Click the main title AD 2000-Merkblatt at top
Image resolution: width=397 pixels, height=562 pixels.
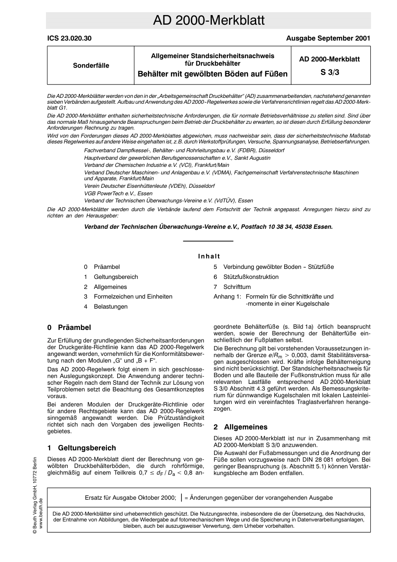208,20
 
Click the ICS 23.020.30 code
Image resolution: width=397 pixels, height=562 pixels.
69,38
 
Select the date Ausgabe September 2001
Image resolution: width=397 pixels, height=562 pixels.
328,38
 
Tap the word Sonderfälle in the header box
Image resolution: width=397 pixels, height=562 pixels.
91,66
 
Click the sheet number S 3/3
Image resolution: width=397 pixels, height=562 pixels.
330,72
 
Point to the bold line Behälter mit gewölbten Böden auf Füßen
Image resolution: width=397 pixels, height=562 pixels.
213,74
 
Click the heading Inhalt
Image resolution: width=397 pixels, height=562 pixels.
209,256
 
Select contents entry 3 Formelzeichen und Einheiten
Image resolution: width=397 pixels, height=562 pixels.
132,296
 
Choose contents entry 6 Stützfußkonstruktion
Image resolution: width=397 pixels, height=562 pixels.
250,277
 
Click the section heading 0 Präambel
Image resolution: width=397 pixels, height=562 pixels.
69,327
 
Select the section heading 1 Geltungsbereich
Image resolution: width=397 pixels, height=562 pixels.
81,448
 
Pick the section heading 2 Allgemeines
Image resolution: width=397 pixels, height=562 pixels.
240,427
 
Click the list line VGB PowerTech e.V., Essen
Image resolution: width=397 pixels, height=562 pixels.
118,194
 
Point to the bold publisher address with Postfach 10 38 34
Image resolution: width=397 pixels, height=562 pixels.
209,227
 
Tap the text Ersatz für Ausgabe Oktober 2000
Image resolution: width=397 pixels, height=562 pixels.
130,498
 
